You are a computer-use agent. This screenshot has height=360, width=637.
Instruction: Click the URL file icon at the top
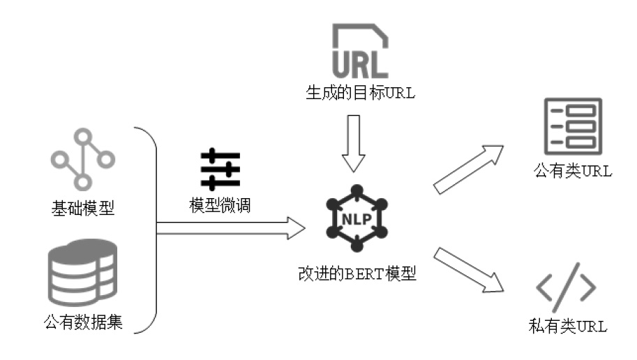click(x=360, y=50)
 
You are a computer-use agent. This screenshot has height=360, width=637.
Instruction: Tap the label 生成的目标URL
click(x=360, y=93)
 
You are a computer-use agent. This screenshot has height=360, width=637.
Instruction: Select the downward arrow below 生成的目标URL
click(x=354, y=142)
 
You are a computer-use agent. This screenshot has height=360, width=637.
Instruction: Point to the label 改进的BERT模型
click(x=357, y=273)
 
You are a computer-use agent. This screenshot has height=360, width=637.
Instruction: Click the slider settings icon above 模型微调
click(x=220, y=169)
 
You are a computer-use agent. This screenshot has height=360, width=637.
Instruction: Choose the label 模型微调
click(x=220, y=206)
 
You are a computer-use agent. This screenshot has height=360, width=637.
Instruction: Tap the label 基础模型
click(x=82, y=208)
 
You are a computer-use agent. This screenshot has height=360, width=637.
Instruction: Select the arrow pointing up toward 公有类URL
click(x=468, y=167)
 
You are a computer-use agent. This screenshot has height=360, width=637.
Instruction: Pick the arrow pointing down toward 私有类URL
click(x=468, y=267)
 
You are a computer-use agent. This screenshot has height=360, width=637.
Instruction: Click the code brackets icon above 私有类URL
click(x=566, y=287)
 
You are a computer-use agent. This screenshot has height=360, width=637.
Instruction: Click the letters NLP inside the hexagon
click(x=357, y=218)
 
